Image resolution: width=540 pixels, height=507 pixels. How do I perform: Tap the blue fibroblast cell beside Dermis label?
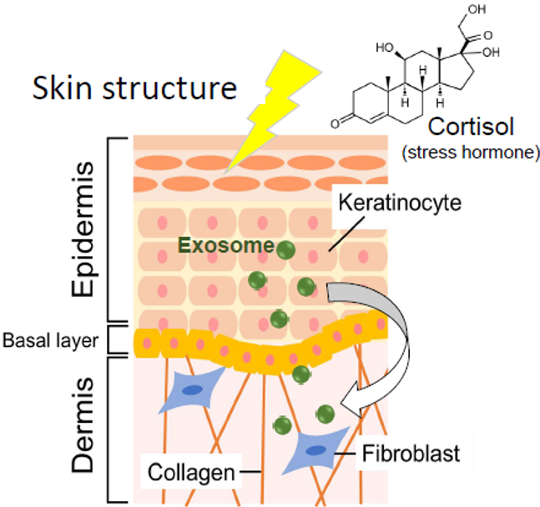coord(193,391)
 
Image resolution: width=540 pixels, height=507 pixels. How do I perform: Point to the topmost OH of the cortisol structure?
coord(480,11)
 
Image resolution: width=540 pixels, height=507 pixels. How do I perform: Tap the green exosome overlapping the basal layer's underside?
coord(300,374)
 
